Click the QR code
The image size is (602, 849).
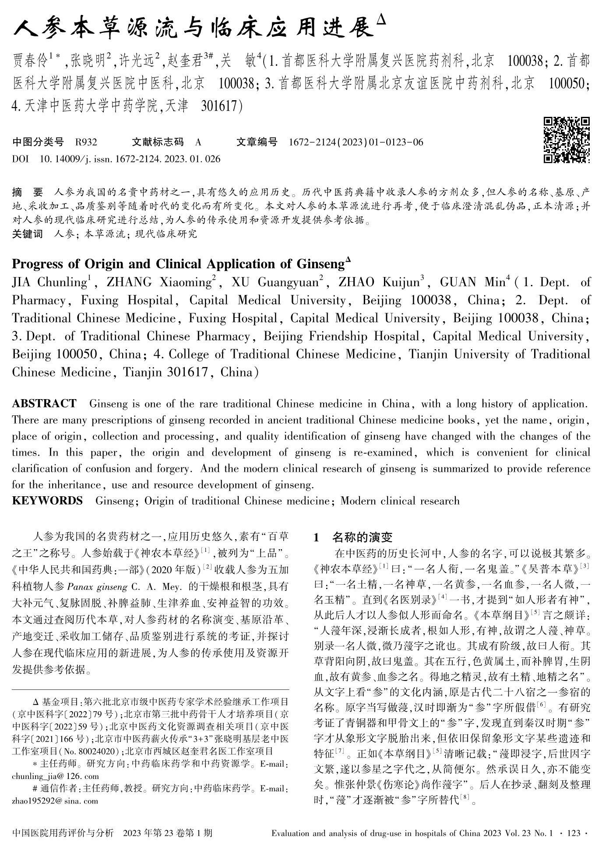[x=567, y=140]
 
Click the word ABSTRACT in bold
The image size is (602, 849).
[x=44, y=403]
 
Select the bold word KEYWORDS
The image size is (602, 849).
[x=47, y=501]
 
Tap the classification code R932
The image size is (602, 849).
[x=86, y=142]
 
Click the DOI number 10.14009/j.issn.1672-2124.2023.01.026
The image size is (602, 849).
[x=130, y=159]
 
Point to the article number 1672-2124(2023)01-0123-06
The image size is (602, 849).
[x=356, y=142]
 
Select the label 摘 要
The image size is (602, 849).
[x=28, y=192]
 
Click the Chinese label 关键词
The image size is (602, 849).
[x=27, y=234]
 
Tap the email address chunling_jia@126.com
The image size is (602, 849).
[x=56, y=776]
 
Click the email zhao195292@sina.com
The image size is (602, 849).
[x=55, y=801]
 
